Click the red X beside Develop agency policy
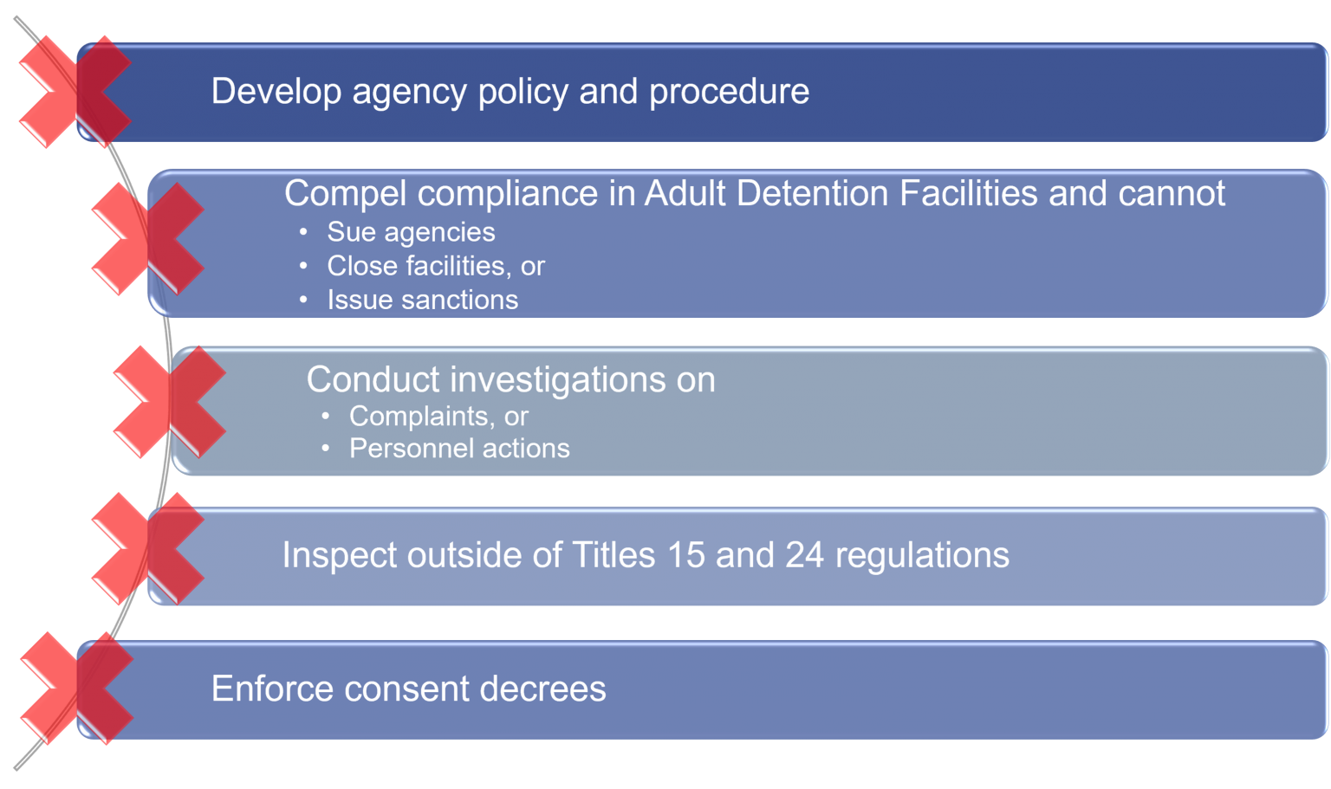[x=75, y=92]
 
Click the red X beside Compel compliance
[x=148, y=239]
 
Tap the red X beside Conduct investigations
[x=170, y=402]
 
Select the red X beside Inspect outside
[x=148, y=548]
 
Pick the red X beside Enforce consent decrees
[x=76, y=688]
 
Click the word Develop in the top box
[x=276, y=92]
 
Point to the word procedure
[x=729, y=92]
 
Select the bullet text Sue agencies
[x=411, y=232]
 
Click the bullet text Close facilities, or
[x=436, y=266]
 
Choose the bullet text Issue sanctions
[x=423, y=300]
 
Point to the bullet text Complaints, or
[x=438, y=417]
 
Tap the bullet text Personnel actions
[x=459, y=449]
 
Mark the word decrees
[x=542, y=689]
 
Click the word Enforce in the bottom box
[x=272, y=689]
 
